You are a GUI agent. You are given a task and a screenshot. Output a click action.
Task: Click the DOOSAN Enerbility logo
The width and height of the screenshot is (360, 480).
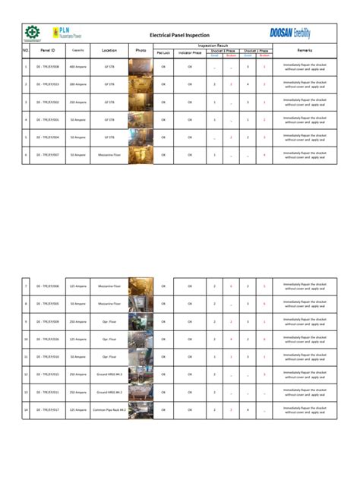coord(290,33)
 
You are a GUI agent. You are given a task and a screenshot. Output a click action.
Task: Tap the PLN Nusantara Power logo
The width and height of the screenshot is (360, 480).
coord(67,33)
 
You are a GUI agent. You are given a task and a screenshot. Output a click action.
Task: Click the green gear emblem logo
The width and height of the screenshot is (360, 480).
coord(32,33)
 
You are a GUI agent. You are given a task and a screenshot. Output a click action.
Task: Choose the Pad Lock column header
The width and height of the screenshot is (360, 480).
coord(163,53)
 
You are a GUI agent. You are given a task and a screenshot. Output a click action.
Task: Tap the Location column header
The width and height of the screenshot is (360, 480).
coord(109,50)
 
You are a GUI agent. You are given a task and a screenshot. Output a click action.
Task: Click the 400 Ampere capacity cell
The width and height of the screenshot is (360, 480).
coord(77,67)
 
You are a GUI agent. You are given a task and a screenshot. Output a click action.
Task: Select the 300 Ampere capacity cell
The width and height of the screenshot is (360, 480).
coord(77,84)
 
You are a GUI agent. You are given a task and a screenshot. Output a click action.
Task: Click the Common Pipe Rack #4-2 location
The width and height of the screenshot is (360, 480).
coord(109,410)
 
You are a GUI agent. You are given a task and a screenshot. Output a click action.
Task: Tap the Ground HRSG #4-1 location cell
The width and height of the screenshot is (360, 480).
coord(109,374)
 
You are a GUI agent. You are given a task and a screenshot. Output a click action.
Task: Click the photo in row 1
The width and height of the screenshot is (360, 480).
coord(141,67)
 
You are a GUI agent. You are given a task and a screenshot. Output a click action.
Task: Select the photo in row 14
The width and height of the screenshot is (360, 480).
coord(141,410)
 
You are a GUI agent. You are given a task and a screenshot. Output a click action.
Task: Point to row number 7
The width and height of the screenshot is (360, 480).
coord(26,286)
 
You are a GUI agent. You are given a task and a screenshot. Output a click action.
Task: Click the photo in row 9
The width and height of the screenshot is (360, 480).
coord(141,322)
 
